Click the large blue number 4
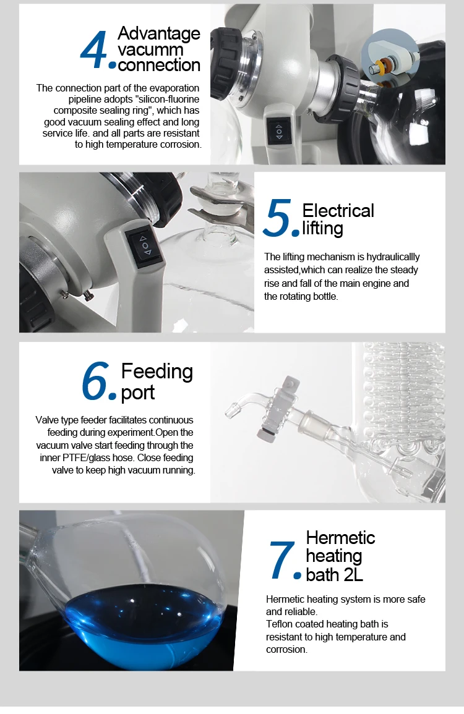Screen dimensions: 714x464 point(94,51)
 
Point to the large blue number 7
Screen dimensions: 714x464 point(282,560)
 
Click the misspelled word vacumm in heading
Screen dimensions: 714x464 point(142,49)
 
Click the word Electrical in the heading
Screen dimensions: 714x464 point(338,211)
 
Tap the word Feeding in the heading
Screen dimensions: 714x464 point(157,372)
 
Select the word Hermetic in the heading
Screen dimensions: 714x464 point(340,537)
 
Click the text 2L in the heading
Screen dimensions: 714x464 point(351,574)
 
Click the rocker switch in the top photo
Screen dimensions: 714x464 point(278,130)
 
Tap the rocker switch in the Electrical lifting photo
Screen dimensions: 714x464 point(145,245)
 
